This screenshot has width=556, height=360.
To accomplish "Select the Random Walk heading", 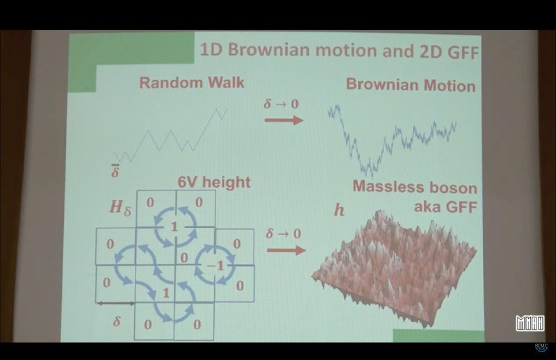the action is point(192,83).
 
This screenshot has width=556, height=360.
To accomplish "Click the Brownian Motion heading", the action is point(411,85).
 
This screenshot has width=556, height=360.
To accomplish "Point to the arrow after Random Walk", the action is point(284,120).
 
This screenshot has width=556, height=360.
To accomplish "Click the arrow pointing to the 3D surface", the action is point(286,251).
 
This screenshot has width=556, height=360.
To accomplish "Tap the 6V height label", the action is point(214,182).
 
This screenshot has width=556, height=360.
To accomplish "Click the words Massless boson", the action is point(415,187).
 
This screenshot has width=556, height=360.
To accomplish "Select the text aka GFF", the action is point(445,206).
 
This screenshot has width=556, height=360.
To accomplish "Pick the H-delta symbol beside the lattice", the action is point(120,207).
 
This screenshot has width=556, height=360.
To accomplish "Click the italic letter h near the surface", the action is point(339,210).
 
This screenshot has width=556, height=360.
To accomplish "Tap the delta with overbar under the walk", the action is point(115,171).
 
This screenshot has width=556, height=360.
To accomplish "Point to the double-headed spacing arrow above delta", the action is point(115,303).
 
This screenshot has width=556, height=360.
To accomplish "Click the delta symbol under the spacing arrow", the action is point(116,321).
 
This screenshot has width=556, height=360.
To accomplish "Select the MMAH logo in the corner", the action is point(530,322).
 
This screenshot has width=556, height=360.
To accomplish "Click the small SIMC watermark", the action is point(541,347).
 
